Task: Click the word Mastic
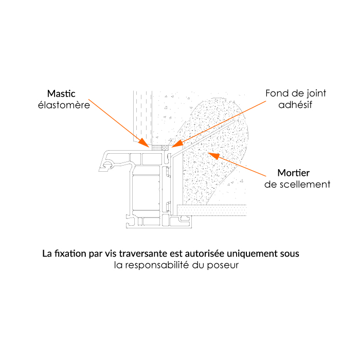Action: pyautogui.click(x=61, y=94)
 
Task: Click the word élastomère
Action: pyautogui.click(x=64, y=105)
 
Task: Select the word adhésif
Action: pyautogui.click(x=295, y=105)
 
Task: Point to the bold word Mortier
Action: pyautogui.click(x=294, y=173)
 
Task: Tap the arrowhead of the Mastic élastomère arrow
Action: pyautogui.click(x=144, y=143)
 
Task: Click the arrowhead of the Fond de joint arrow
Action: pyautogui.click(x=177, y=144)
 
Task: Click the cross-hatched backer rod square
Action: pyautogui.click(x=165, y=148)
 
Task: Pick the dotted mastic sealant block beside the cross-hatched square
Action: pyautogui.click(x=157, y=148)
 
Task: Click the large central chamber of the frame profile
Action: pyautogui.click(x=146, y=193)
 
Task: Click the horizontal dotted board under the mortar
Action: pyautogui.click(x=212, y=210)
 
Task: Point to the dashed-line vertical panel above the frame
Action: pyautogui.click(x=142, y=116)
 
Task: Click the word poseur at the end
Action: pyautogui.click(x=223, y=266)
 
